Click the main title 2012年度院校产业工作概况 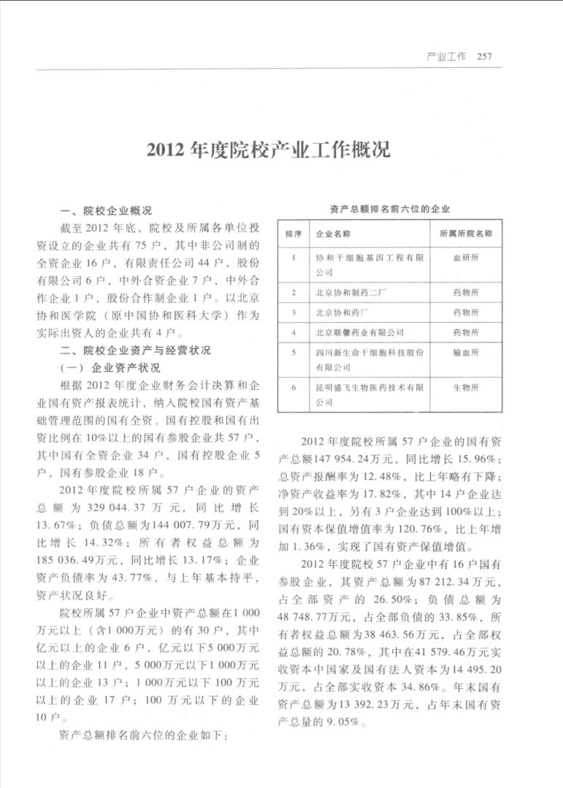coord(268,150)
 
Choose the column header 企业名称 coord(332,234)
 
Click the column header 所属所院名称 coord(466,234)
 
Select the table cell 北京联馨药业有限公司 coord(359,332)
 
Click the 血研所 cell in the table coord(466,258)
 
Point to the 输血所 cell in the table coord(466,352)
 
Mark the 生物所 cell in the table coord(466,387)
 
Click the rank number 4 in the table coord(293,332)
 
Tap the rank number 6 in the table coord(293,387)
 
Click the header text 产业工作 coord(445,57)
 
